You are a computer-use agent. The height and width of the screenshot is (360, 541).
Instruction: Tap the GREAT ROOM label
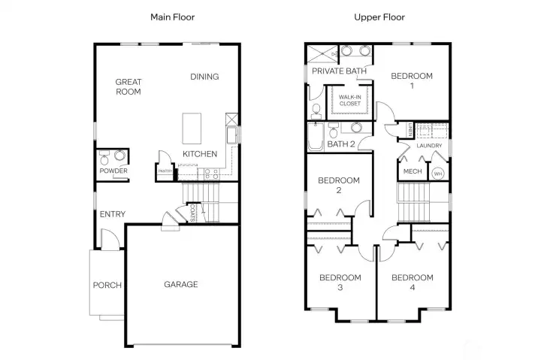tap(128, 86)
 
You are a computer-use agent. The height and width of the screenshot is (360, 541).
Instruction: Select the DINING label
tap(204, 77)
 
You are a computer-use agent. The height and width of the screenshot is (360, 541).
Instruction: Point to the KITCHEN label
tap(200, 154)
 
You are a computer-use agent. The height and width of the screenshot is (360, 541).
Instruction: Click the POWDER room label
tap(113, 171)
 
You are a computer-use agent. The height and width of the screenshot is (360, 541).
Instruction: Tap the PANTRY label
tap(165, 171)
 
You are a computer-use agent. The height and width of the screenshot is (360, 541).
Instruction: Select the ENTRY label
tap(113, 215)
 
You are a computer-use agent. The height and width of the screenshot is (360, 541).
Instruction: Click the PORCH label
tap(107, 285)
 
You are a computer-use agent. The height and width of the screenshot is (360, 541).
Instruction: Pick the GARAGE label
tap(181, 284)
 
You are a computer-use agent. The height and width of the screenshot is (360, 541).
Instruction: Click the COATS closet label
tap(193, 213)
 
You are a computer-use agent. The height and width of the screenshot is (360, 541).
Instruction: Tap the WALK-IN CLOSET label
tap(349, 101)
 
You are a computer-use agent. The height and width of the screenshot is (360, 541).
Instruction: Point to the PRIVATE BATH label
tap(340, 71)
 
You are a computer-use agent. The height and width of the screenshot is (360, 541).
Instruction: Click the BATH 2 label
tap(340, 144)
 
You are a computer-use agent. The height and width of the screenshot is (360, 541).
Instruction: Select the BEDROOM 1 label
tap(412, 80)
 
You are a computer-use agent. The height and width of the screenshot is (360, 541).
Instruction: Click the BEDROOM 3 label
tap(340, 283)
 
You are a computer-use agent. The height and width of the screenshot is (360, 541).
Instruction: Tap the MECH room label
tap(412, 172)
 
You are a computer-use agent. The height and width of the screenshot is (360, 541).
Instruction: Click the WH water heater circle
tap(437, 173)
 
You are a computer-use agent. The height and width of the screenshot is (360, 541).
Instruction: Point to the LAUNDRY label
tap(428, 147)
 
